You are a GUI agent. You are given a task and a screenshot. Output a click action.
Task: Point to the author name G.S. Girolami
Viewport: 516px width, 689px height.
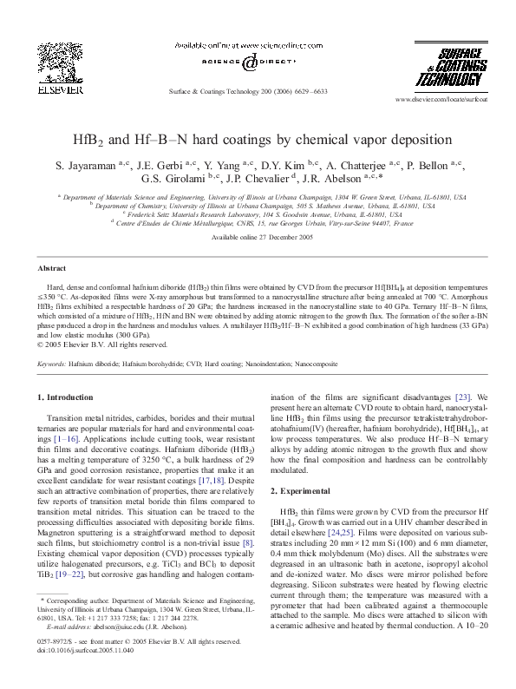211,180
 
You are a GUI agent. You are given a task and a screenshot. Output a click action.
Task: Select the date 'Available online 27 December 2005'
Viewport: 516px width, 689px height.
258,237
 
